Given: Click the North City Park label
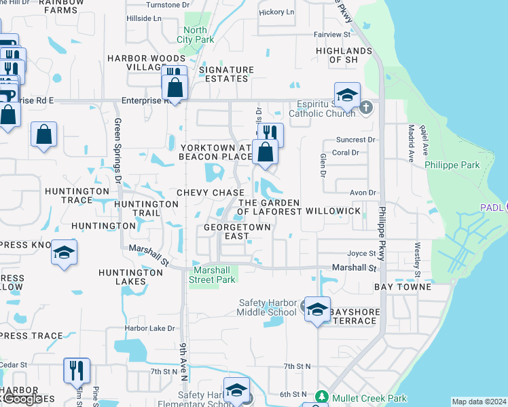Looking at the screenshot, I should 195,35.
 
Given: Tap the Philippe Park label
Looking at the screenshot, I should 452,165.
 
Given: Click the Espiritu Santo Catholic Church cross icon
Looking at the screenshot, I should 366,107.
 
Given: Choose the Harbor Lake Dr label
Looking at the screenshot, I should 150,328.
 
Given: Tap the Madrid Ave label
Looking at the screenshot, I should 411,143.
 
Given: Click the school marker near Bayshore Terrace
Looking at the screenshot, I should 317,310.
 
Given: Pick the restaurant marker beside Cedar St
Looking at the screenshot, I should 76,371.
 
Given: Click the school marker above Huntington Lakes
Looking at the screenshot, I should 64,253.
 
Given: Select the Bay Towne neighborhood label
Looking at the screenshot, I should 403,287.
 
